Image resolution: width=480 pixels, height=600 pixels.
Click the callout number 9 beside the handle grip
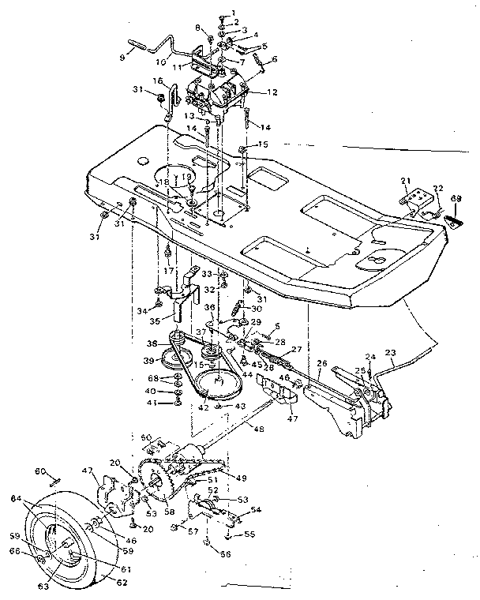[123, 56]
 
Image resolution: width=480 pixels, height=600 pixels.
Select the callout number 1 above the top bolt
[233, 12]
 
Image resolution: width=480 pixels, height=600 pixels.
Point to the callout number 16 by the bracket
[158, 81]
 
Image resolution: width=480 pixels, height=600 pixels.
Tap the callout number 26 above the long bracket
[321, 364]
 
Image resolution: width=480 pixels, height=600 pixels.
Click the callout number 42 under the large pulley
[204, 407]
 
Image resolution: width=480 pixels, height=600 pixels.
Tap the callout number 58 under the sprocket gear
[169, 512]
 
